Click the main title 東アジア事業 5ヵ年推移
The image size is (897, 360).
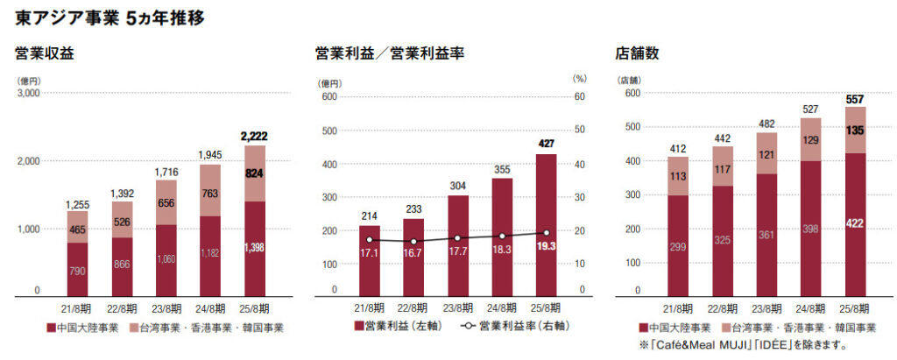(x=110, y=18)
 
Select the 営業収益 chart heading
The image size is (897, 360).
(x=45, y=54)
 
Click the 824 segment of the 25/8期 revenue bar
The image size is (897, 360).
(x=254, y=173)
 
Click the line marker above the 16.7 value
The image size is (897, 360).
(x=414, y=241)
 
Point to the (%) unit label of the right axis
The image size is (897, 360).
(x=579, y=79)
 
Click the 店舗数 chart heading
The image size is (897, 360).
(x=637, y=54)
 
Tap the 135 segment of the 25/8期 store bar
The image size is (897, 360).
(x=856, y=131)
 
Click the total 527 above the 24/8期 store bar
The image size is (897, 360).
(x=810, y=109)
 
